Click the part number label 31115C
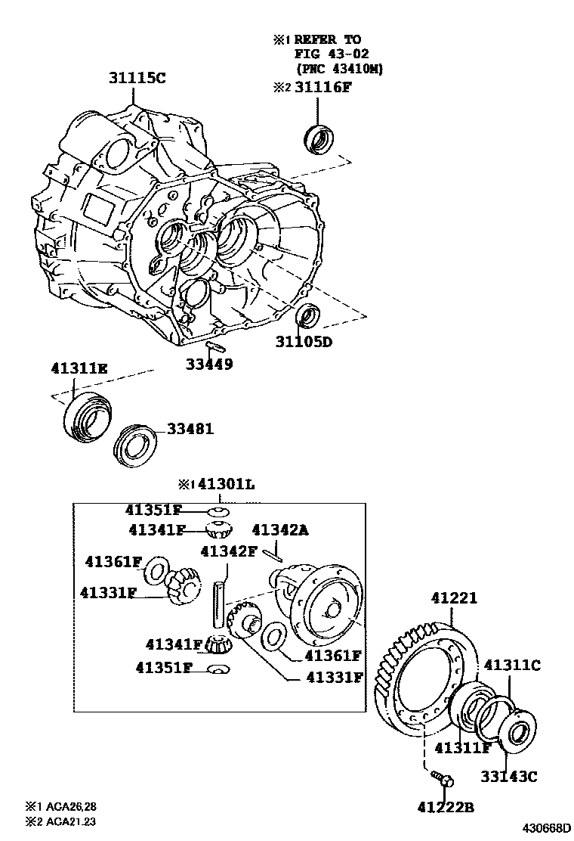click(135, 78)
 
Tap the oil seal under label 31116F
click(318, 138)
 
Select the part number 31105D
click(304, 342)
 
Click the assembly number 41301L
click(224, 485)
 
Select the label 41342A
click(279, 530)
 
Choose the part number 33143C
click(509, 775)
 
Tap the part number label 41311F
click(463, 748)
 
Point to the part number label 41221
click(454, 597)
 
